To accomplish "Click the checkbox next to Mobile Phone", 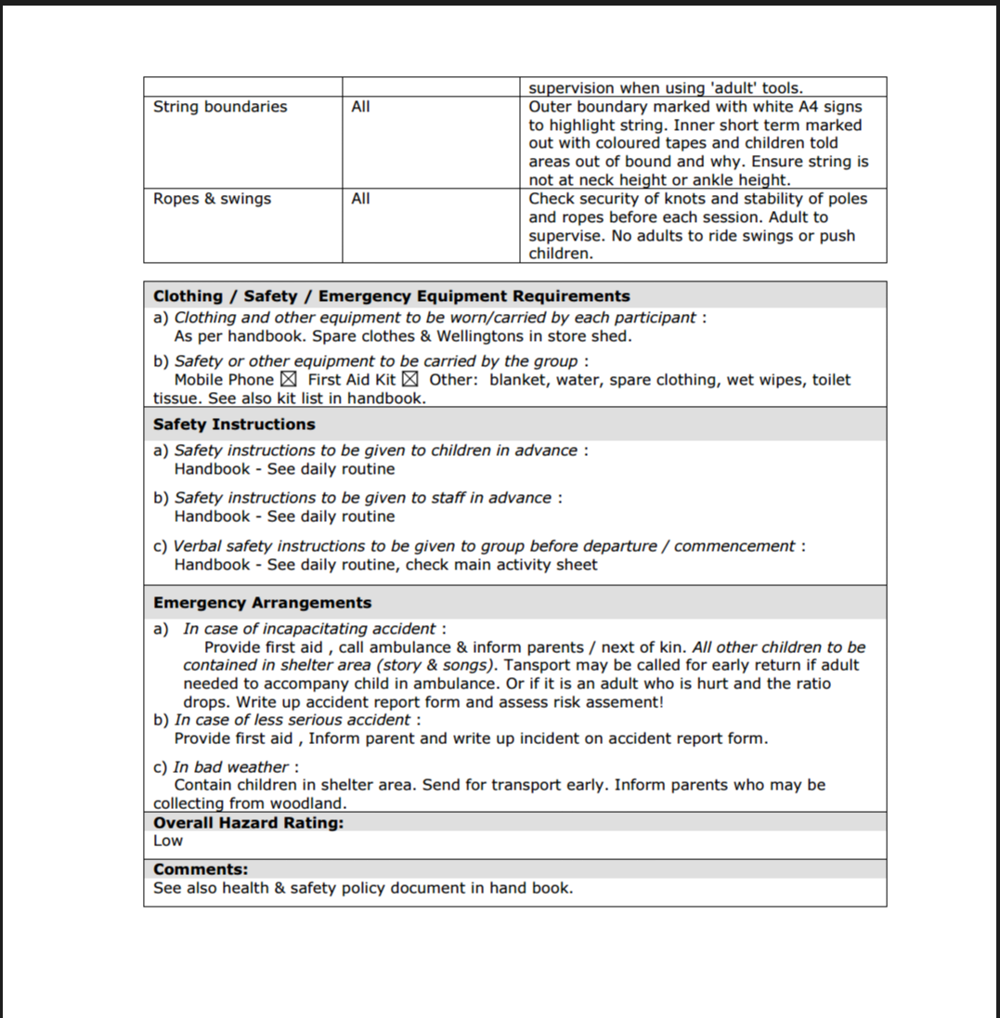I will pyautogui.click(x=288, y=379).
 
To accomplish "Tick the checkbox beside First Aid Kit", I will pyautogui.click(x=409, y=379).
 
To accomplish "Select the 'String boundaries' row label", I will pyautogui.click(x=220, y=107).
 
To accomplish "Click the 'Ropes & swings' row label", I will pyautogui.click(x=212, y=199).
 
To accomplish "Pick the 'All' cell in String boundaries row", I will pyautogui.click(x=360, y=107).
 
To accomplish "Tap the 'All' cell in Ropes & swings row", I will pyautogui.click(x=360, y=199).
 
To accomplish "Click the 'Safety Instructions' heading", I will pyautogui.click(x=234, y=424).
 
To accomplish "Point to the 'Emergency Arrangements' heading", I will pyautogui.click(x=262, y=603).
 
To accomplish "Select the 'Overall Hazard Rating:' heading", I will pyautogui.click(x=248, y=823).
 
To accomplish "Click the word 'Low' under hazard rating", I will pyautogui.click(x=168, y=841).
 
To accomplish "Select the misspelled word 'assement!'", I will pyautogui.click(x=628, y=702).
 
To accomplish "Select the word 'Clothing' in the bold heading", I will pyautogui.click(x=188, y=296).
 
